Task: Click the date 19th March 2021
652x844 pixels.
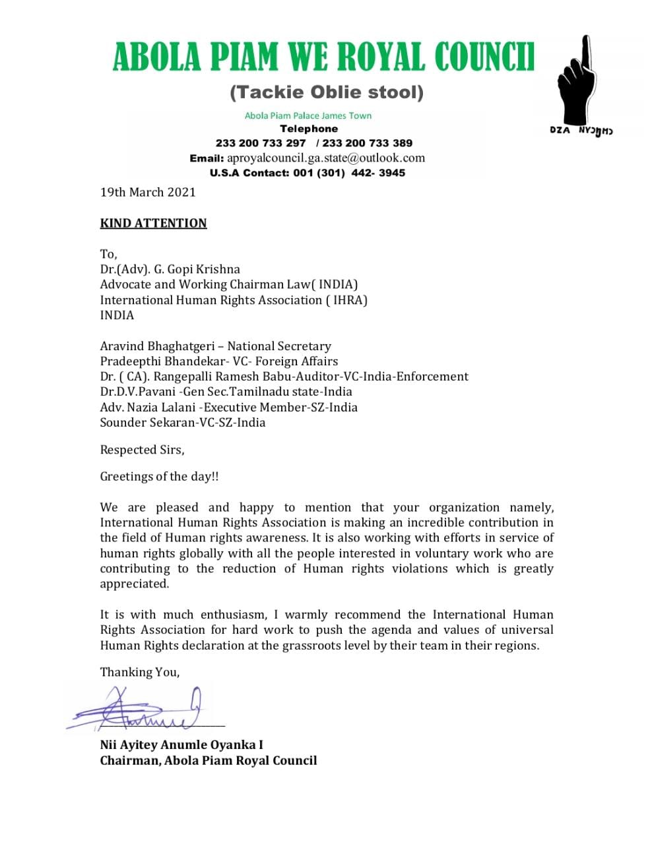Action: [x=148, y=192]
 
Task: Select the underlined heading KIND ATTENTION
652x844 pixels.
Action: [x=153, y=223]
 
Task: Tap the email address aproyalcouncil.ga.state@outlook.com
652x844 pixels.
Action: [x=326, y=158]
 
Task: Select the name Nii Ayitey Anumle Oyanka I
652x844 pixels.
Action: [x=181, y=744]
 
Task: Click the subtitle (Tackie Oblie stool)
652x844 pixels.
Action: [x=327, y=92]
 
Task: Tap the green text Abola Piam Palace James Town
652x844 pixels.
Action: [x=308, y=115]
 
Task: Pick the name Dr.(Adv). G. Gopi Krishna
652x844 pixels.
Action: [x=170, y=269]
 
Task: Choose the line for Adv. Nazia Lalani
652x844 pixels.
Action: [x=228, y=407]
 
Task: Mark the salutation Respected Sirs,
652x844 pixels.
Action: [x=142, y=450]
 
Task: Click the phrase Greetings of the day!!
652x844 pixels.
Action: [x=159, y=476]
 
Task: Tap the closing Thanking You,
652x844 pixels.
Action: [x=139, y=672]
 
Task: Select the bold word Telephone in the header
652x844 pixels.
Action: [x=309, y=129]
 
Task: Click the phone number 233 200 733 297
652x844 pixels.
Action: [x=261, y=143]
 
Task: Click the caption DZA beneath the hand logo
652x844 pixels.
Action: [x=560, y=131]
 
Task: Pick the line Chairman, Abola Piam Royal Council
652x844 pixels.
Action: [x=209, y=760]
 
